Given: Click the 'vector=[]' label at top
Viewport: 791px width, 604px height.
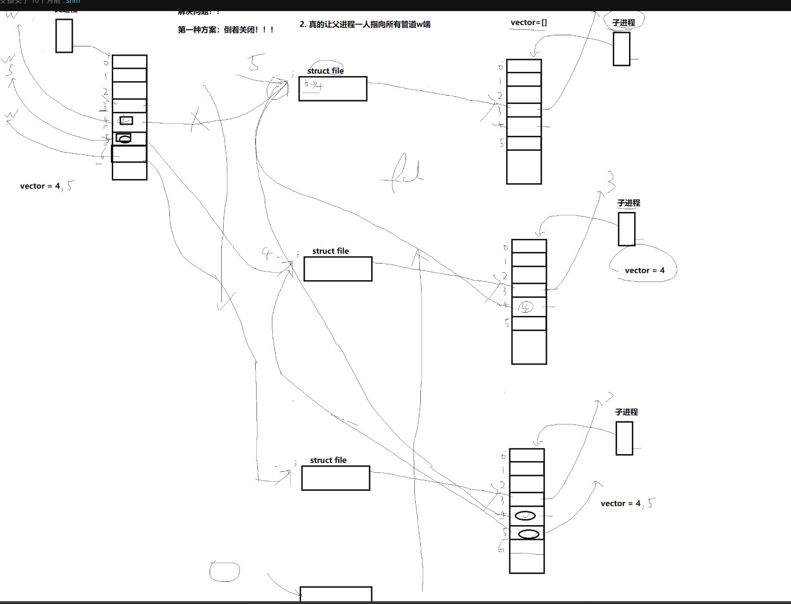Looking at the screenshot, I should click(528, 23).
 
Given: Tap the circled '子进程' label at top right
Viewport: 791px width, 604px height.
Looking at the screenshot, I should click(623, 23).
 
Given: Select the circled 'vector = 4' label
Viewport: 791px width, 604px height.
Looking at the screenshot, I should click(644, 270).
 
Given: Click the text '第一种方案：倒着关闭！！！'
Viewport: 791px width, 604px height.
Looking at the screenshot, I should click(226, 30).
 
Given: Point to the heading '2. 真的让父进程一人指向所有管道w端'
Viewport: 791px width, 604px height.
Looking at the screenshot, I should click(365, 24).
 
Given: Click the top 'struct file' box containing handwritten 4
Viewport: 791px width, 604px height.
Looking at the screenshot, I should click(333, 89).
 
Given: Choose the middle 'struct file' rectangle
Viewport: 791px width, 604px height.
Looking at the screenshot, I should click(338, 269).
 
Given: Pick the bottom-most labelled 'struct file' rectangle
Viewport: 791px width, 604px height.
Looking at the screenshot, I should click(335, 478).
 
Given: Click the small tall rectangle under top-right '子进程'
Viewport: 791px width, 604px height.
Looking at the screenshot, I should click(621, 49).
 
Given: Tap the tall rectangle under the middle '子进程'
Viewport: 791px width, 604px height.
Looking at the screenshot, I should click(626, 229).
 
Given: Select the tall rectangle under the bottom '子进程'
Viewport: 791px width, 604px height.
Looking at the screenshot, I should click(624, 438).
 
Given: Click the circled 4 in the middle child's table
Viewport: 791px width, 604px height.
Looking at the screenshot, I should click(526, 307).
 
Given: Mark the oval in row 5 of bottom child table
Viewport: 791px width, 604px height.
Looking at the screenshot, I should click(528, 534).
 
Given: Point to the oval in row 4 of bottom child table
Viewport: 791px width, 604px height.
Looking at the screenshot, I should click(525, 515).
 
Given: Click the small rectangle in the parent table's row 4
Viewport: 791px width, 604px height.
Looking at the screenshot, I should click(126, 121).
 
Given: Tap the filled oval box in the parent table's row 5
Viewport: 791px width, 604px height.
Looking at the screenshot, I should click(123, 138).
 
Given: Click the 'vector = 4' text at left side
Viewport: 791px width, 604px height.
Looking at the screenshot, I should click(40, 186).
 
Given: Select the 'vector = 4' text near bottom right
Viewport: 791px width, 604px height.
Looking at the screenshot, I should click(620, 503).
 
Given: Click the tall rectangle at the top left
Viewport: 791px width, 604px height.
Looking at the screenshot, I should click(64, 36).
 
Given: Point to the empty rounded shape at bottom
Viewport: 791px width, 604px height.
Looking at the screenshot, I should click(225, 572).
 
